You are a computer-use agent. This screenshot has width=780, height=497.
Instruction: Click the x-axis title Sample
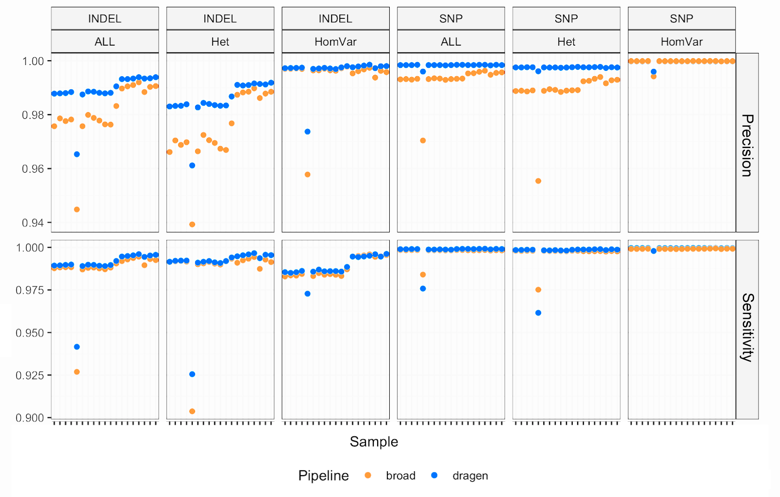point(374,442)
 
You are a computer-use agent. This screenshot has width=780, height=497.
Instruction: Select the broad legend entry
point(400,476)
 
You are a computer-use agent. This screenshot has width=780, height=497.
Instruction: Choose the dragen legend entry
point(470,476)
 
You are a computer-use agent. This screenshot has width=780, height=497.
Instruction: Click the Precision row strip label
point(747,145)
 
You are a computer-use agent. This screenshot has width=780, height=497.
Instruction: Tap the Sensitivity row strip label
point(747,328)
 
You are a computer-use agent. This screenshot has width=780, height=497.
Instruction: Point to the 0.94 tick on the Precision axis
point(33,223)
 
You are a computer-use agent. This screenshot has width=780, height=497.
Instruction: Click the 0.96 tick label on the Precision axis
point(33,169)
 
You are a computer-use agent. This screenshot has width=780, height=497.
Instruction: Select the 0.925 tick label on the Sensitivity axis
point(30,375)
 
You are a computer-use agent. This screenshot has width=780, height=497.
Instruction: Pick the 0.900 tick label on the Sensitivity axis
point(30,418)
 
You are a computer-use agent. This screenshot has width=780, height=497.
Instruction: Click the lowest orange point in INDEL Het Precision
point(192,224)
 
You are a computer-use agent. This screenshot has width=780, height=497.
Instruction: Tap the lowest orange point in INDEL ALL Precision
point(77,210)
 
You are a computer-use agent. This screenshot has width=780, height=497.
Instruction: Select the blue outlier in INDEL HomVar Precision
point(307,132)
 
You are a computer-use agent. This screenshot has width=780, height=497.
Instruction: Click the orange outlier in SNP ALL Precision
point(423,141)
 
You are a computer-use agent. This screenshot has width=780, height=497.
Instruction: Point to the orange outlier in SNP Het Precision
point(538,181)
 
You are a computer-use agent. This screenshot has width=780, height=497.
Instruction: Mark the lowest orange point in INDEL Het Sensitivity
point(192,411)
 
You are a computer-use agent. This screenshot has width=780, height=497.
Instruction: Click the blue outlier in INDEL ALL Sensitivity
point(77,347)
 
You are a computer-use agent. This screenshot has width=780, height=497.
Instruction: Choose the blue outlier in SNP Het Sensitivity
point(538,313)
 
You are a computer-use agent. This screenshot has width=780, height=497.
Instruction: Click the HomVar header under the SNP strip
point(681,42)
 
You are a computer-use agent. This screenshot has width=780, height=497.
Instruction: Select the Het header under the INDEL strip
point(220,42)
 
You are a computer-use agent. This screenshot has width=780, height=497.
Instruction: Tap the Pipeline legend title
point(323,476)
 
